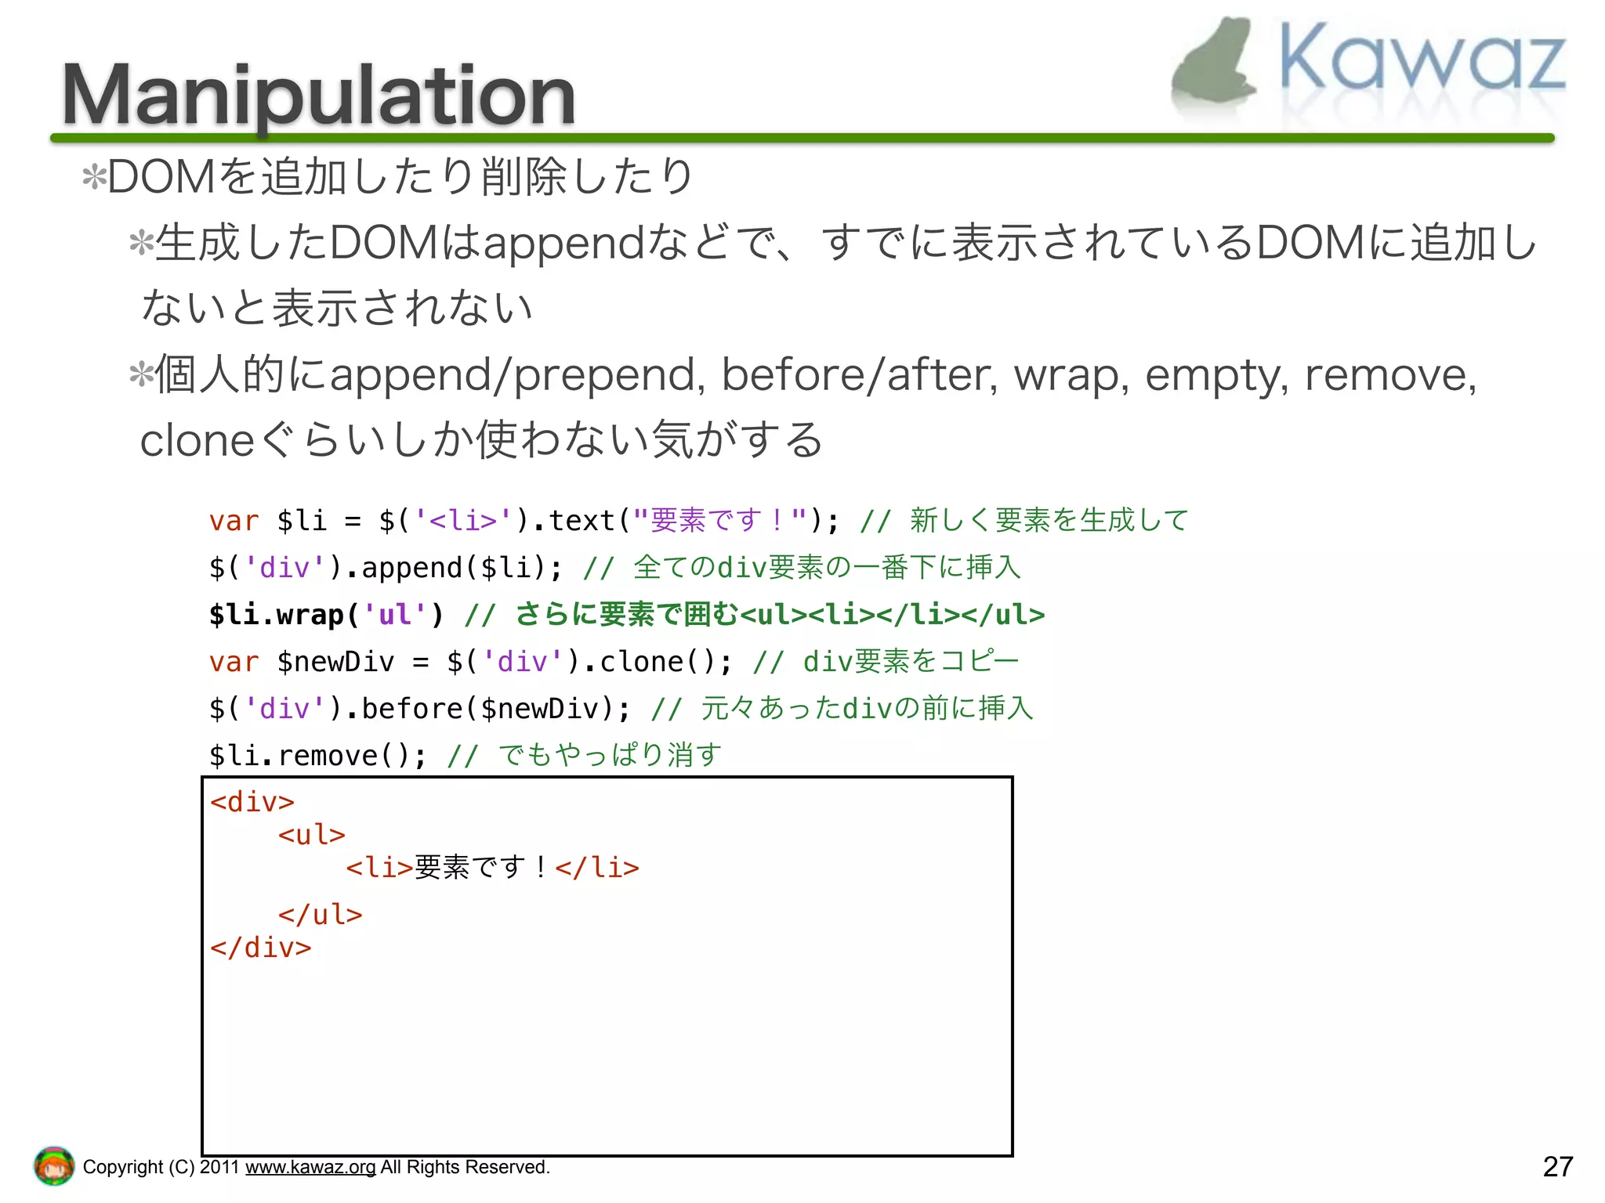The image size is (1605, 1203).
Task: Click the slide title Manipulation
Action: point(318,96)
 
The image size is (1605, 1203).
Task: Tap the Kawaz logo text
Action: point(1422,59)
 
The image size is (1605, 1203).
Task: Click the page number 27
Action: point(1557,1166)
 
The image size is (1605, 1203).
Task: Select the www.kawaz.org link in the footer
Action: point(310,1167)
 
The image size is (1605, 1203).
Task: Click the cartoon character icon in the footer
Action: point(53,1166)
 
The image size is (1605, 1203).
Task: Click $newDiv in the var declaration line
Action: point(335,662)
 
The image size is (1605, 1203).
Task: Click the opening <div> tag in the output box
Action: point(252,802)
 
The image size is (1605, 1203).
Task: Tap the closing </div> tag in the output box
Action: point(261,948)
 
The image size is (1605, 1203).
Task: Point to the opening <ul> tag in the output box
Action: point(311,835)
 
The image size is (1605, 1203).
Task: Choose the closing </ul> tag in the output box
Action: point(320,915)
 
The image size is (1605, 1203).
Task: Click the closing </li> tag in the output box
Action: point(597,868)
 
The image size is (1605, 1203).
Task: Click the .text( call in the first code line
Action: point(580,521)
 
